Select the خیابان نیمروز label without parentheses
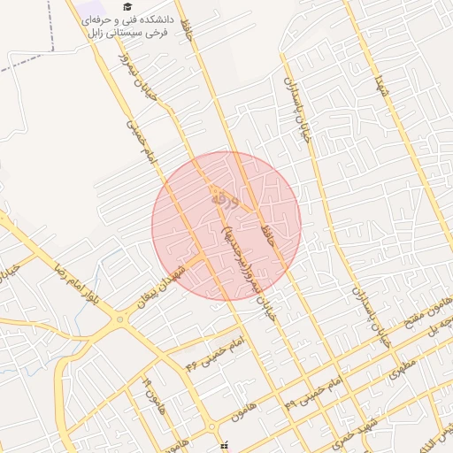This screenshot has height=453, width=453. [142, 70]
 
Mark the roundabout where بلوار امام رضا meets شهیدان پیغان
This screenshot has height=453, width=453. [119, 319]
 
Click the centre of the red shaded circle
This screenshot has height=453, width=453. [226, 225]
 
